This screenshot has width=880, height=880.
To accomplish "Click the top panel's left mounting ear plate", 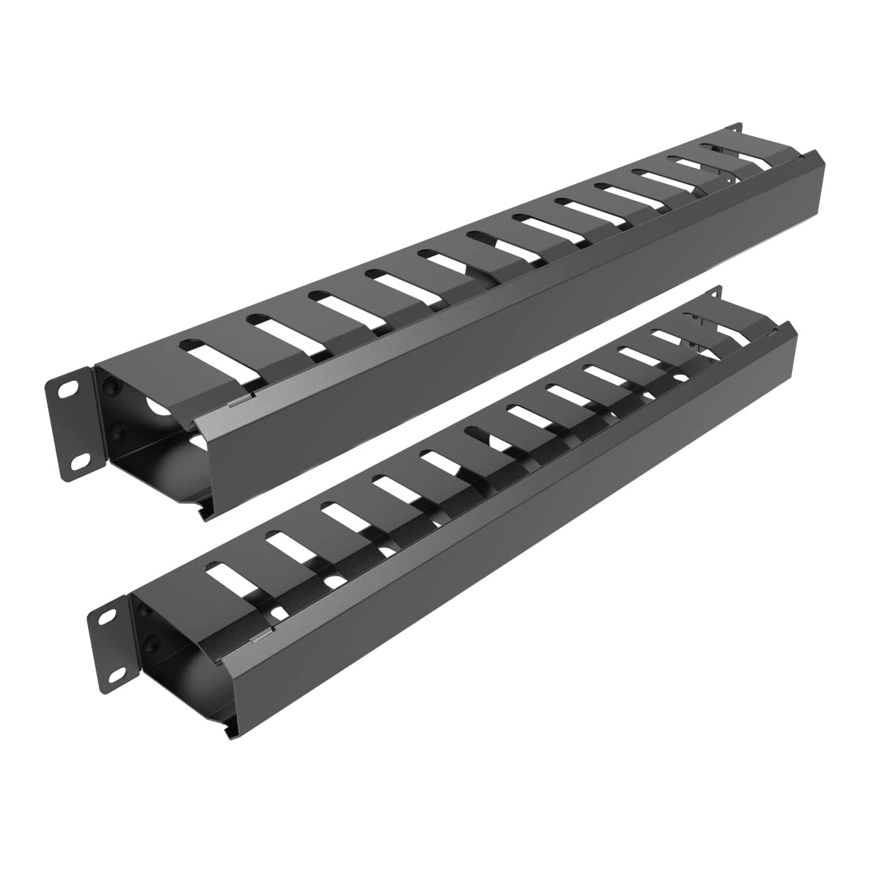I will pos(74,424).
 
